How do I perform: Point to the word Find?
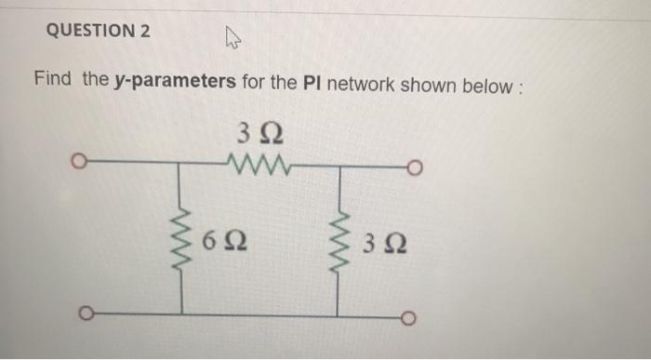click(x=53, y=79)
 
